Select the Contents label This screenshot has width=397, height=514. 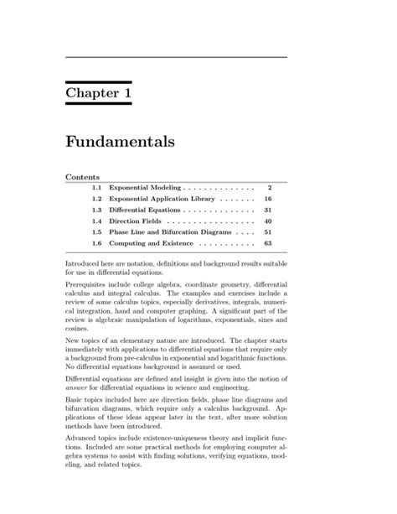pyautogui.click(x=83, y=178)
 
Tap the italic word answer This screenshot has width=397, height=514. pyautogui.click(x=78, y=396)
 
